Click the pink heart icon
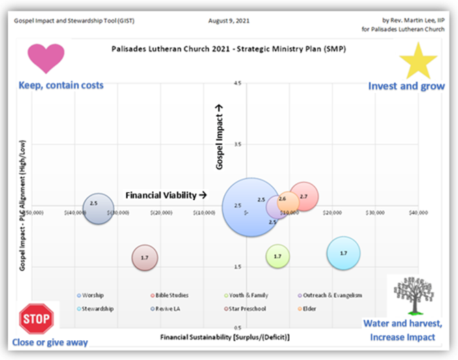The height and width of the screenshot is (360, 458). click(46, 58)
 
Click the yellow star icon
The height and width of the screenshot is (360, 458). click(418, 61)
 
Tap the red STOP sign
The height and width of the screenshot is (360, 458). click(35, 318)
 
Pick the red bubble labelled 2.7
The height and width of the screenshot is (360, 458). click(304, 197)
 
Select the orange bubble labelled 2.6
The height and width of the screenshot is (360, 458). click(288, 202)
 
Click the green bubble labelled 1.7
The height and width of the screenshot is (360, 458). click(278, 256)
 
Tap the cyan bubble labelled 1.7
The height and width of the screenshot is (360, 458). click(343, 253)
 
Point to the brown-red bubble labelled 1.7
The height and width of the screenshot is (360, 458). click(145, 258)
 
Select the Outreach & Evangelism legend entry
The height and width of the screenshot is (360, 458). click(332, 295)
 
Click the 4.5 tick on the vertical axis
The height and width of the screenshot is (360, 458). click(237, 83)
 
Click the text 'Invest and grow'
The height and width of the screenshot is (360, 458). click(406, 86)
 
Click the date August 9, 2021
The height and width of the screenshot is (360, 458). click(229, 22)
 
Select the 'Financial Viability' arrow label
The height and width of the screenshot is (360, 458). click(166, 195)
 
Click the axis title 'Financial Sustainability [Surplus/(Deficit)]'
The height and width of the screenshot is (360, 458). click(226, 337)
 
